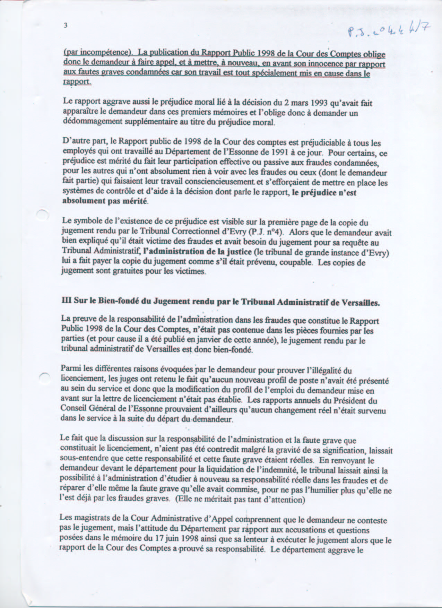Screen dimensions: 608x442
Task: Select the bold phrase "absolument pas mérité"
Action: (105, 201)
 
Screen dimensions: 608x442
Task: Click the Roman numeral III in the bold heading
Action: (66, 301)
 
